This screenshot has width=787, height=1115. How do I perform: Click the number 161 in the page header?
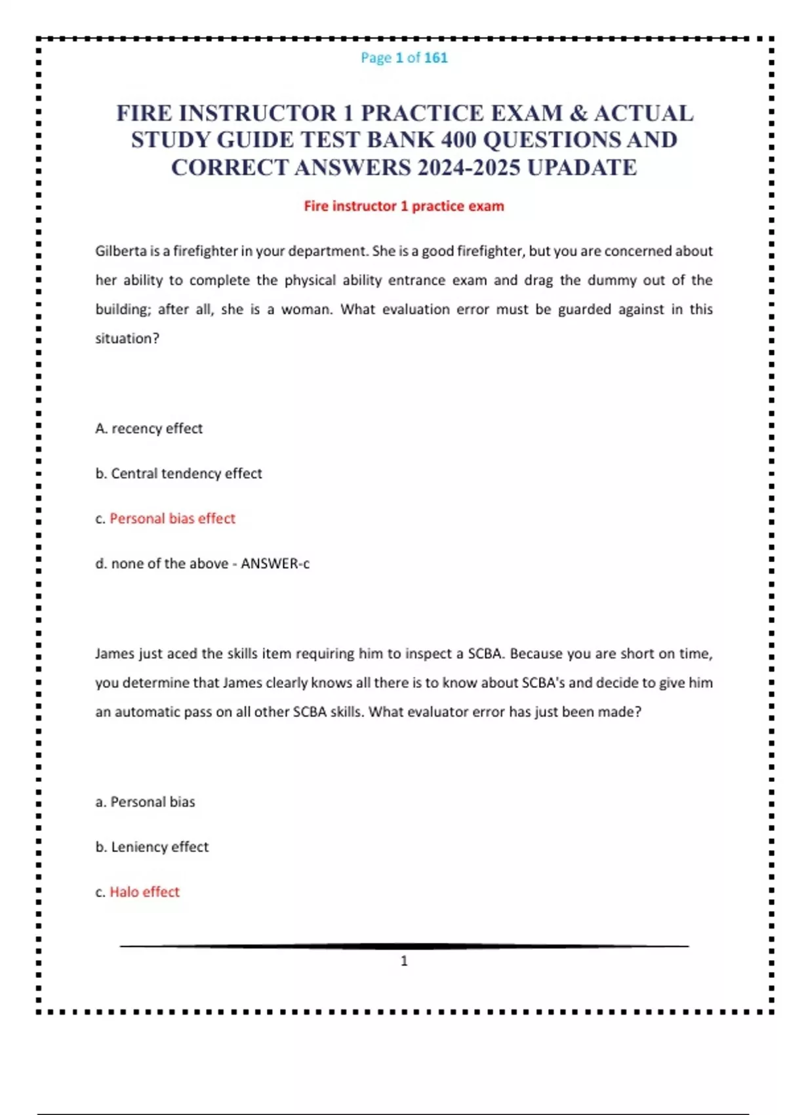(x=435, y=58)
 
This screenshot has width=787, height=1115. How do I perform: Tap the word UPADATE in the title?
(x=582, y=168)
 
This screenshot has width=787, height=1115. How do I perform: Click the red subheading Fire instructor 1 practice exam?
(x=403, y=206)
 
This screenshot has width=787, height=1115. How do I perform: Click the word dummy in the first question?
(x=611, y=280)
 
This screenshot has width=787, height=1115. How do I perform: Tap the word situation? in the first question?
(x=127, y=338)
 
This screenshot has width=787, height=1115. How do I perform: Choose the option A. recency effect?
(x=149, y=428)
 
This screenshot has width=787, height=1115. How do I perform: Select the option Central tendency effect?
(x=186, y=474)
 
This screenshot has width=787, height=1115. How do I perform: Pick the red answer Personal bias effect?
(x=172, y=518)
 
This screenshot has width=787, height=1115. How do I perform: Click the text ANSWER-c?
(x=275, y=563)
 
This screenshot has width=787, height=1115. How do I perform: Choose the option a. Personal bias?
(x=145, y=801)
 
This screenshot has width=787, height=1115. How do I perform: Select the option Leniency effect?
(x=159, y=847)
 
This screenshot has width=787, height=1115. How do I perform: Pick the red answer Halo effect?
(x=144, y=892)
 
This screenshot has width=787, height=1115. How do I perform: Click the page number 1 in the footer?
(x=404, y=961)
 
